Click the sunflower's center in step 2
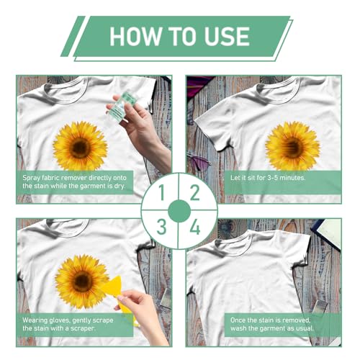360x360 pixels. pos(292,146)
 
